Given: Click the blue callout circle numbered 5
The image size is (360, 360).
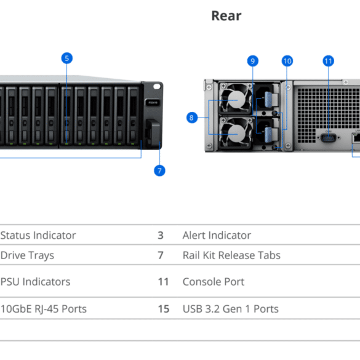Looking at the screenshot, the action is pos(67,58).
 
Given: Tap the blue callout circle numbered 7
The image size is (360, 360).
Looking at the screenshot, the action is pos(159,170).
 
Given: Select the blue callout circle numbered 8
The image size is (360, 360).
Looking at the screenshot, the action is pos(192,118).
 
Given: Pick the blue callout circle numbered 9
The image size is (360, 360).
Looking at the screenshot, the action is pos(253,61).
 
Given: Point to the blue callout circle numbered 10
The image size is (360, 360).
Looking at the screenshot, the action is pos(287,61).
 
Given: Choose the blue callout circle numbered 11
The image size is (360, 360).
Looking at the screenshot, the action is pos(329,61).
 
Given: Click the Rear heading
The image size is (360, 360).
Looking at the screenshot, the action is pos(226,16).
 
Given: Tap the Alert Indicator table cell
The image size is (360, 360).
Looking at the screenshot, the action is pos(217,235).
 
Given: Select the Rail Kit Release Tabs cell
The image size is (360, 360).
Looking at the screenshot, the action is pos(231,255).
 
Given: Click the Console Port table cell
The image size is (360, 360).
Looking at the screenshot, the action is pos(214,282).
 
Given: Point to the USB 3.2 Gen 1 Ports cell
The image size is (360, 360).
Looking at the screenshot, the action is pos(231,309).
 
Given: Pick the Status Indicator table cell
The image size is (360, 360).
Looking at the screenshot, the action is pos(38,235).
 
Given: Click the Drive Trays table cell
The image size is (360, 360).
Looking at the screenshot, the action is pos(27,255).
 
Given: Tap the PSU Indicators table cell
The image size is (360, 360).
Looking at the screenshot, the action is pos(35,282).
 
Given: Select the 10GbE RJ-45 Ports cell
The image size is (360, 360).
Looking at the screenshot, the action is pos(44,309).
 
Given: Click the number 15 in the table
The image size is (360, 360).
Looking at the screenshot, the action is pos(164,309).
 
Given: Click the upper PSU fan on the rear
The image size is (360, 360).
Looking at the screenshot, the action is pos(236,99).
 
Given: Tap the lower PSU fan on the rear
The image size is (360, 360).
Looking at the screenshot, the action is pos(236,133).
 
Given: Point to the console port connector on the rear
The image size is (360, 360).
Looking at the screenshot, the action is pos(329,138).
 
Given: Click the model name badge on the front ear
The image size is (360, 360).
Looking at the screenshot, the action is pos(153,102).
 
